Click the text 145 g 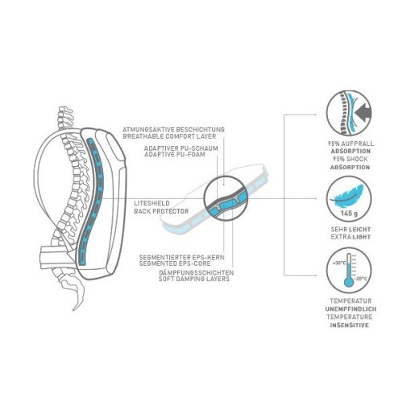349,214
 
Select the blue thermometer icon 349,270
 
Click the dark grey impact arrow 363,112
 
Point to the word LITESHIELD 152,203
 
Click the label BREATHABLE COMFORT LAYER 169,136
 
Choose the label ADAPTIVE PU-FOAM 175,155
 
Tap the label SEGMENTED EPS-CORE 175,264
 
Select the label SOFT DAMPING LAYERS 194,279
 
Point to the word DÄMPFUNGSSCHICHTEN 196,272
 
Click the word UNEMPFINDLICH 351,309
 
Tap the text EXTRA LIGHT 351,237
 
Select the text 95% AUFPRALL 351,143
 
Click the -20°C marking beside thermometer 361,279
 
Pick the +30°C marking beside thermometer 339,263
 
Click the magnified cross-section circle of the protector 226,199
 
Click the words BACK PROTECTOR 161,211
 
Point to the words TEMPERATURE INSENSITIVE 350,321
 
